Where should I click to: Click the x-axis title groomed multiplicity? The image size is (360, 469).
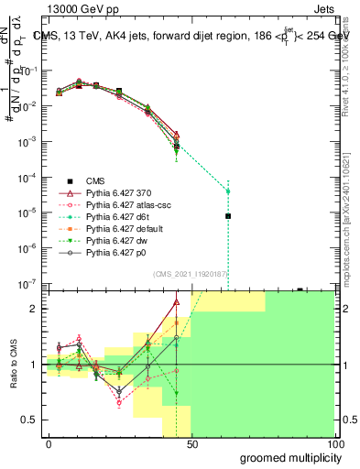pos(287,456)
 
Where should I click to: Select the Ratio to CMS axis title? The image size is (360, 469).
pos(12,366)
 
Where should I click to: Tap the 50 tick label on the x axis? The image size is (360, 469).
pos(191,442)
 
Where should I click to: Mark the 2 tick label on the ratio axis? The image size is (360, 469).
pos(35,309)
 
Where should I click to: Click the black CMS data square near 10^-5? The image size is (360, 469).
pos(228,216)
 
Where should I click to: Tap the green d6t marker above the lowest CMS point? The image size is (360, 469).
pos(228,191)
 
